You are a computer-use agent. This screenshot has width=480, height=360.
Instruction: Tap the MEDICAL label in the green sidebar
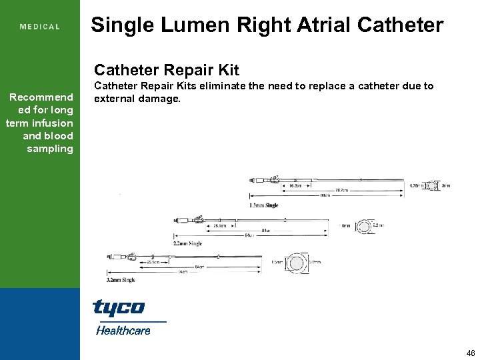[40, 27]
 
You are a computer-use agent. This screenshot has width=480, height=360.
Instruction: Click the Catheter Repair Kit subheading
[167, 70]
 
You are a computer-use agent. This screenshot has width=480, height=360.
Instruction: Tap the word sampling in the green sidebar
[50, 148]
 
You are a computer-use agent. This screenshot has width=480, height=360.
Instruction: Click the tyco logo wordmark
[119, 308]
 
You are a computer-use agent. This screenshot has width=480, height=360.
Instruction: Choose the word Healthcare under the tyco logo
[123, 329]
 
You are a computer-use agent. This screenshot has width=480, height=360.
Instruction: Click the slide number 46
[471, 353]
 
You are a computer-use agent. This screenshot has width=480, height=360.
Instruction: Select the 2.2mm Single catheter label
[187, 243]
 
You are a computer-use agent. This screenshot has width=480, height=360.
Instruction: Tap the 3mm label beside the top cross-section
[447, 185]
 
